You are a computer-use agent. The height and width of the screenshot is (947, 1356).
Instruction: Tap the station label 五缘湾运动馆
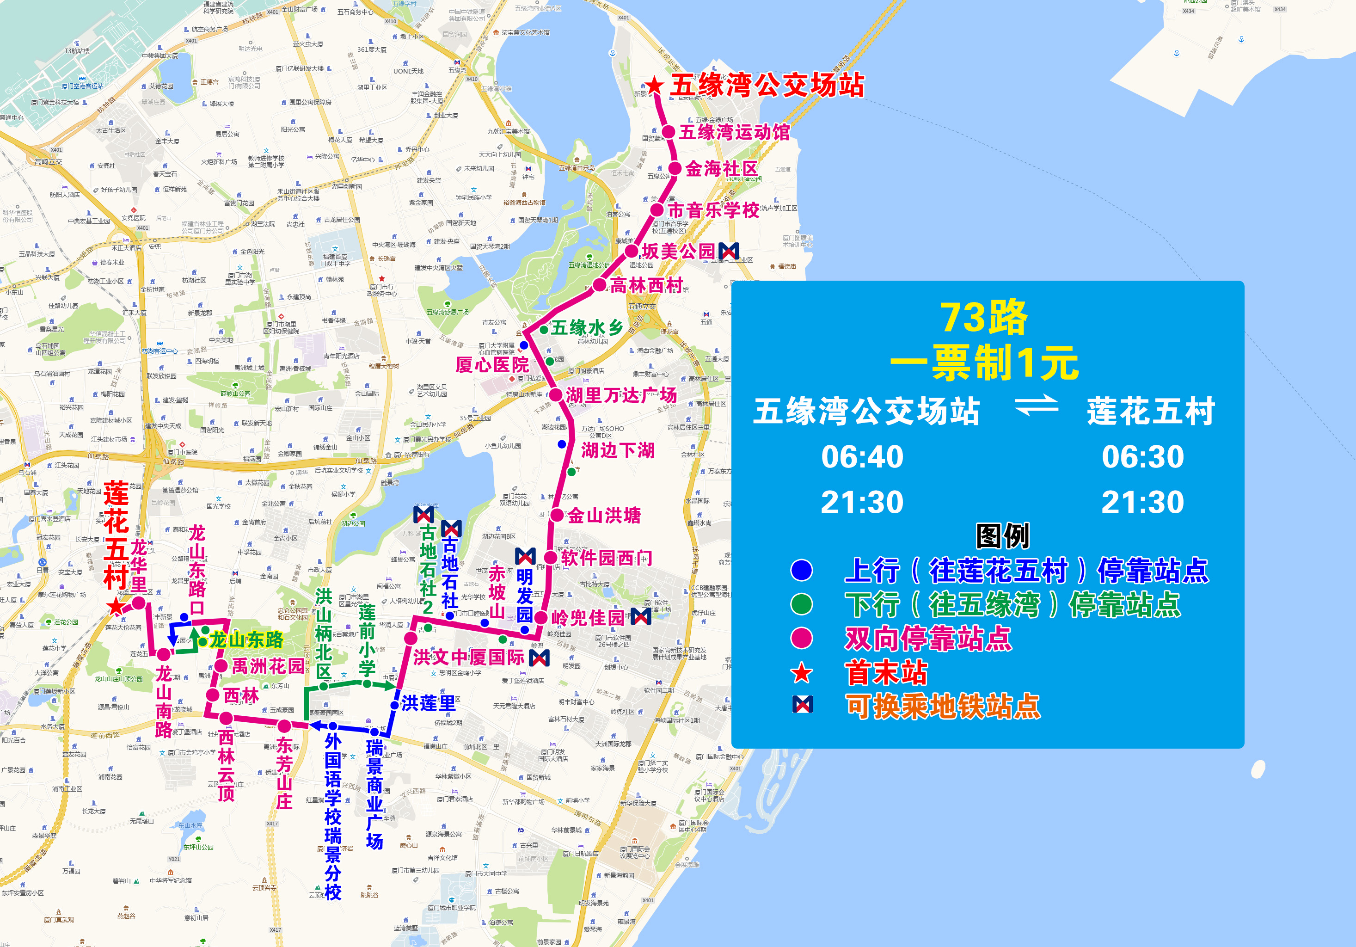734,132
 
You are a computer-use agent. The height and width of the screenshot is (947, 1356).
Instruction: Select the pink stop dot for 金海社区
675,168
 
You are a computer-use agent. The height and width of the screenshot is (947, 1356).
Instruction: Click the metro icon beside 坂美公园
729,251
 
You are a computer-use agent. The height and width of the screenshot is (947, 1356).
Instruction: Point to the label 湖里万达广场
621,395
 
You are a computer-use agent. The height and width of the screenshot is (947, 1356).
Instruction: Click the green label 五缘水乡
587,327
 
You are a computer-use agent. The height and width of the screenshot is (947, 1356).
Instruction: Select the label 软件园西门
607,558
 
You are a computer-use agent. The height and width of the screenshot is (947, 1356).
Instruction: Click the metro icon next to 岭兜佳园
641,617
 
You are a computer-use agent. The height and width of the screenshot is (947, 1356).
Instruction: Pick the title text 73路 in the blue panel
984,318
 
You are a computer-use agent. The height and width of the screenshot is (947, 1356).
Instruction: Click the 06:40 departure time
862,457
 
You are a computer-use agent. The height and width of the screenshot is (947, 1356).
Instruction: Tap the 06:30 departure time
1143,457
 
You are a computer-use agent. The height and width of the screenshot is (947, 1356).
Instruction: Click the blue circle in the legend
801,570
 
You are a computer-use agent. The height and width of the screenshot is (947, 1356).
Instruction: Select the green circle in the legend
801,604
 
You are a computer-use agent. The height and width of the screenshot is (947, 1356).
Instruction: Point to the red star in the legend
801,673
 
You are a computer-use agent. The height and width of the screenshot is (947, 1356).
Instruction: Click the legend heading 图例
1002,536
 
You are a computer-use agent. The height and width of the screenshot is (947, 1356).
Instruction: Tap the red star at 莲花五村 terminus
116,607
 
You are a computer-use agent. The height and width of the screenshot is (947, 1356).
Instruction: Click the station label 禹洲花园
268,666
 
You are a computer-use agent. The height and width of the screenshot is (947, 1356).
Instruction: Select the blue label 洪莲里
429,703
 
